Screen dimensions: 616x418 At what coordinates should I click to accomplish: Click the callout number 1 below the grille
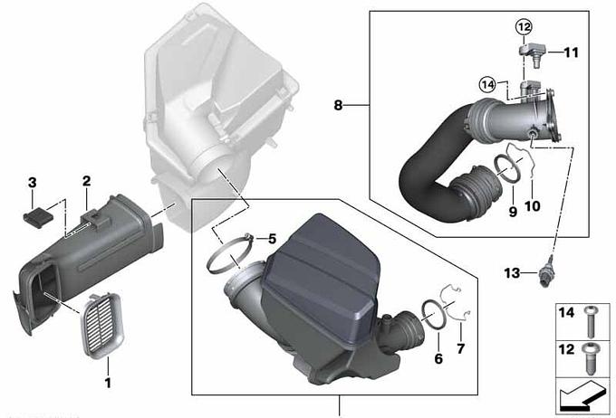click(108, 383)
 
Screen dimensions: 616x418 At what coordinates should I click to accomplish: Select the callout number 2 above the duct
click(86, 181)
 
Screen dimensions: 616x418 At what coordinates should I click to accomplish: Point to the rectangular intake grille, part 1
click(101, 326)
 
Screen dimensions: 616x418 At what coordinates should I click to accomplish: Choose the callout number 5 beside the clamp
click(273, 239)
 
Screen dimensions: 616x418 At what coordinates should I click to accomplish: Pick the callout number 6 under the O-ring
click(438, 358)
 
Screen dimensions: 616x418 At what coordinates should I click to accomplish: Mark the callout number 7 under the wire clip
click(461, 348)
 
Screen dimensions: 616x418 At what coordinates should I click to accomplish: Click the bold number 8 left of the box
click(338, 105)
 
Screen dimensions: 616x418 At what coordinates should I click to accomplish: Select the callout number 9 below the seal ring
click(513, 212)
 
